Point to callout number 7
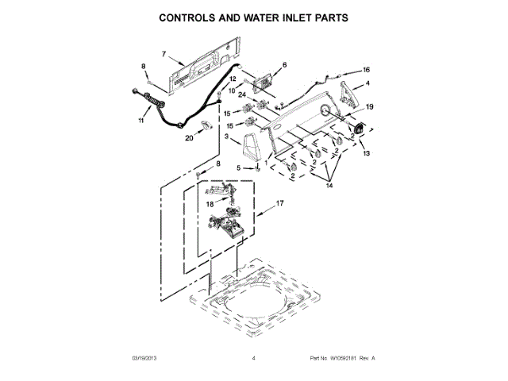coord(164,54)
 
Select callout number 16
coord(366,70)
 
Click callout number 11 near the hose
coord(142,121)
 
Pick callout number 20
coord(190,138)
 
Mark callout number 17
coord(279,204)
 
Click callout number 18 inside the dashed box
coord(210,204)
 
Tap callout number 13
coord(366,154)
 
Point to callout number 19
coord(369,107)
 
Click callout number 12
coord(233,79)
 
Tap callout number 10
coord(233,90)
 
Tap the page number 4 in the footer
coord(253,359)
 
